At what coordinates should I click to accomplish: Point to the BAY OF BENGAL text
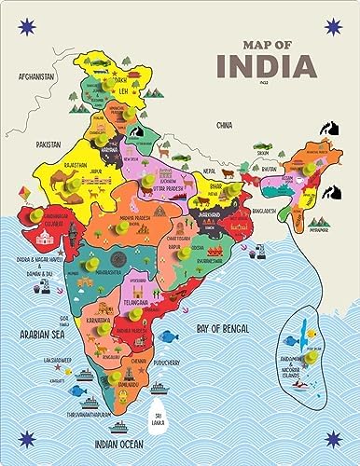click(x=221, y=327)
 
